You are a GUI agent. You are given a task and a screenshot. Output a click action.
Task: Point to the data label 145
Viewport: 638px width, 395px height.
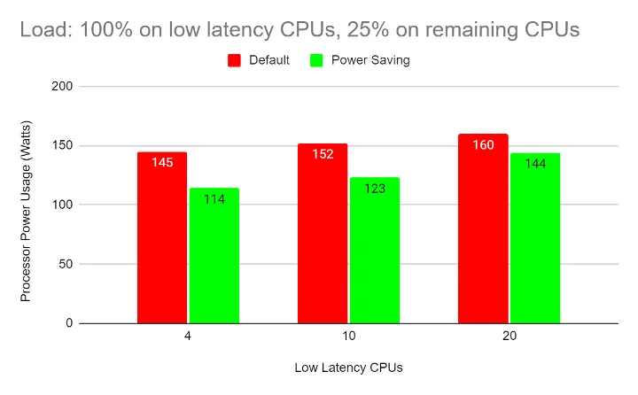[162, 164]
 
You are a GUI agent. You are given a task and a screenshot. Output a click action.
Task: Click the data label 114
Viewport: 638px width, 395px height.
[214, 199]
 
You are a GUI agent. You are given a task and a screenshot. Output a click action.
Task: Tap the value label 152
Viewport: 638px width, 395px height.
[323, 155]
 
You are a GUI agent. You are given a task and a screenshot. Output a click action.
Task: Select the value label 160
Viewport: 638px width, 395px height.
[483, 145]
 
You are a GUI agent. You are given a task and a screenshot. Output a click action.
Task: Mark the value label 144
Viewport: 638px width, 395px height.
[535, 164]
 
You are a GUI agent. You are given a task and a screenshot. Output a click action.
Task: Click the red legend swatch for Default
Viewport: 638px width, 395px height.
[235, 60]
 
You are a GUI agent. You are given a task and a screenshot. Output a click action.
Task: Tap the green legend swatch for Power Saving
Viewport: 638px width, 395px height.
[316, 60]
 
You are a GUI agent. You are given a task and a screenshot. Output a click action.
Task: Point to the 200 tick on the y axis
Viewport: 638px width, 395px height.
[61, 87]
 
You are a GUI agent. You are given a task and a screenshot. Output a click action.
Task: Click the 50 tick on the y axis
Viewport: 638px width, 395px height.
[65, 264]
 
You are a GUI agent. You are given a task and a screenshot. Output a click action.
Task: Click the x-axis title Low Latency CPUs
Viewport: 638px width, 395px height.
[348, 367]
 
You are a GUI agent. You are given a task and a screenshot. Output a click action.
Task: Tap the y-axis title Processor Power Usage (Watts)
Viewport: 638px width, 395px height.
[26, 205]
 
